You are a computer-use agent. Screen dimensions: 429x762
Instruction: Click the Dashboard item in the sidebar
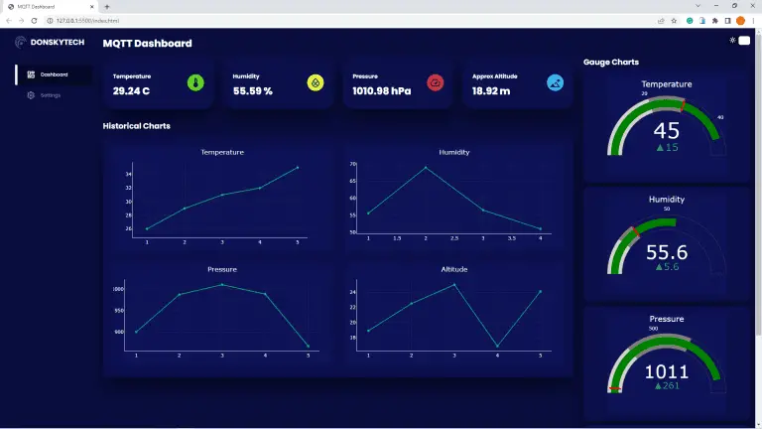click(x=54, y=74)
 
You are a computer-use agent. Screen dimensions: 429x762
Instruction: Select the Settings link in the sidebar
click(x=50, y=95)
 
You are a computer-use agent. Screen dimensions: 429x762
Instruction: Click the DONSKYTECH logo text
click(x=57, y=42)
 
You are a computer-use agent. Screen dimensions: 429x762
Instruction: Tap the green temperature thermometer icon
click(x=195, y=82)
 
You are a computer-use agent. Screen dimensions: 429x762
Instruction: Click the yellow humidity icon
click(x=316, y=82)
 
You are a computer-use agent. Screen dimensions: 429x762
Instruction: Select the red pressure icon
click(x=435, y=82)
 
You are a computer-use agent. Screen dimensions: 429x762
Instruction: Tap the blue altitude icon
click(x=555, y=82)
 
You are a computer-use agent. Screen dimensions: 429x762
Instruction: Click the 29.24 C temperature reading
click(x=131, y=91)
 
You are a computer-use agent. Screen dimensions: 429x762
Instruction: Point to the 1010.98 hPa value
click(x=381, y=91)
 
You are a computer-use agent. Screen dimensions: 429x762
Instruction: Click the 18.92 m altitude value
click(x=491, y=91)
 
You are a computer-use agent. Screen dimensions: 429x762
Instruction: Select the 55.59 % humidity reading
click(x=253, y=91)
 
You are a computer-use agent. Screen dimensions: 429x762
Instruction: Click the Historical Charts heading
click(x=136, y=126)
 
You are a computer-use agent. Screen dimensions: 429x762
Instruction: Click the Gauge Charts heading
click(x=610, y=62)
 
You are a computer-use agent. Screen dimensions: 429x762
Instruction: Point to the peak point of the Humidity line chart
click(x=426, y=167)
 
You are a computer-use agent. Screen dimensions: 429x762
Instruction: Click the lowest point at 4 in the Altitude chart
click(x=497, y=346)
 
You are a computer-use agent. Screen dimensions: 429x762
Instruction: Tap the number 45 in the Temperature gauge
click(x=666, y=130)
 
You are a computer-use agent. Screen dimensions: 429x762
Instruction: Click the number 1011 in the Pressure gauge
click(x=666, y=371)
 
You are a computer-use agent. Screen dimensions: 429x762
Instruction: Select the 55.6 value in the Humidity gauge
click(x=666, y=252)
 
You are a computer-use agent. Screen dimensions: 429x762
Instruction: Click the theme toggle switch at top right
click(x=743, y=40)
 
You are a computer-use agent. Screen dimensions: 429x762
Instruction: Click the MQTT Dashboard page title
click(x=148, y=43)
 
